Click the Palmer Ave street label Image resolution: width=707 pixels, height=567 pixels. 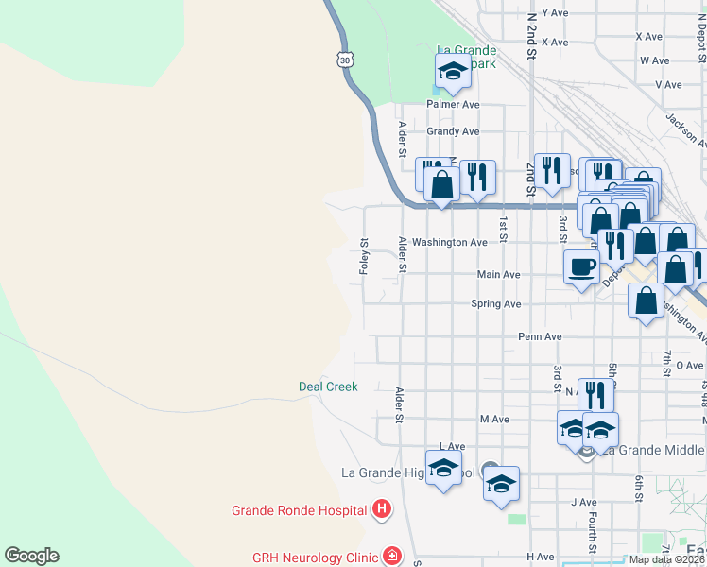(453, 104)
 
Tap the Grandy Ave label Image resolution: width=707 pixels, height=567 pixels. (453, 131)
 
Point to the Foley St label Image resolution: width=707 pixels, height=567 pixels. (364, 256)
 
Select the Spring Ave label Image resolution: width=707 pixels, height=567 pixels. (496, 304)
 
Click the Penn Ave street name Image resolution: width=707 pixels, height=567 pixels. (540, 336)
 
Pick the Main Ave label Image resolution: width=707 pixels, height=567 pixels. (498, 275)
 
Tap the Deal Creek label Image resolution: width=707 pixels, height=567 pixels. (328, 387)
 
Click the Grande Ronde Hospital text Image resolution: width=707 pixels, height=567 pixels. (299, 510)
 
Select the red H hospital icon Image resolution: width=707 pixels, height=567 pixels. (381, 510)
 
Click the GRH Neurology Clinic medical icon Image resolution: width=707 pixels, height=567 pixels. (390, 557)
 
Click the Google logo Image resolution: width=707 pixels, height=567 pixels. (31, 556)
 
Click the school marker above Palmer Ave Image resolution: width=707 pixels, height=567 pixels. (453, 71)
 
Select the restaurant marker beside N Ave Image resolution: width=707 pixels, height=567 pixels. (595, 394)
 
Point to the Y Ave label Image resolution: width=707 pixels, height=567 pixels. (556, 13)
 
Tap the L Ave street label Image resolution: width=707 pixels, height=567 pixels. (453, 446)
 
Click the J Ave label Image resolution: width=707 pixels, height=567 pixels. (583, 502)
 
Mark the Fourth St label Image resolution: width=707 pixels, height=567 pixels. (593, 533)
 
